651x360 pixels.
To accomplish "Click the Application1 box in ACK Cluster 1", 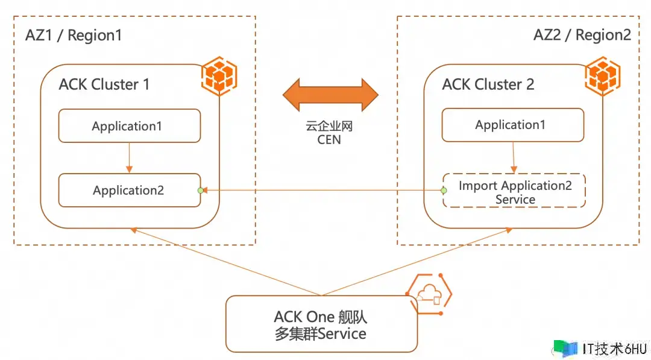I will (x=129, y=126).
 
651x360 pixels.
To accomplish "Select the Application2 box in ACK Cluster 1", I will (x=129, y=191).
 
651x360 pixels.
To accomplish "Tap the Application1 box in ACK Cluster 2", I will (x=512, y=125).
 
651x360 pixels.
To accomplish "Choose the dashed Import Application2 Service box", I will (x=514, y=192).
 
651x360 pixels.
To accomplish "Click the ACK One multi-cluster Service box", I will (x=321, y=324).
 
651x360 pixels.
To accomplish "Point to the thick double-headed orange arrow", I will (x=330, y=94).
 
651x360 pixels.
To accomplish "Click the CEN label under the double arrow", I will (x=329, y=140).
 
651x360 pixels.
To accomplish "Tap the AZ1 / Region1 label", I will (x=74, y=35).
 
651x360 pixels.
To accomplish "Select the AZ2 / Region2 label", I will (x=582, y=34).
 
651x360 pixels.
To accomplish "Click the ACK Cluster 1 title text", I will (x=104, y=84).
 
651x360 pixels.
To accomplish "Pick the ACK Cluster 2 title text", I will (x=488, y=84).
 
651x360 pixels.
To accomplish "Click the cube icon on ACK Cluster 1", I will (x=218, y=75).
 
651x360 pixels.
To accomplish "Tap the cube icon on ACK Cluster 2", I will (x=600, y=75).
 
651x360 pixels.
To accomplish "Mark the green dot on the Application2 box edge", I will (x=201, y=191).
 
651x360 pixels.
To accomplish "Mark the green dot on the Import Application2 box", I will (x=444, y=191).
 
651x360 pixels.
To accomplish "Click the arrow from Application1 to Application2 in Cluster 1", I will (x=129, y=158).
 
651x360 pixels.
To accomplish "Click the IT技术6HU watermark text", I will (x=614, y=349).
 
